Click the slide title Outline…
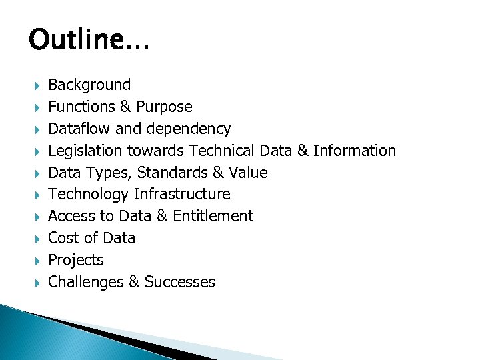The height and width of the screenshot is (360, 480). click(89, 41)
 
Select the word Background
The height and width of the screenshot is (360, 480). click(89, 85)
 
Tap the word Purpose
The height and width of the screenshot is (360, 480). click(164, 107)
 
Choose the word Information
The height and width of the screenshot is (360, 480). click(354, 151)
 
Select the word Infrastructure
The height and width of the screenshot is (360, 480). click(182, 194)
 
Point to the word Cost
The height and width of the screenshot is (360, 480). click(63, 238)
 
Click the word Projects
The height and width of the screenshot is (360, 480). click(76, 260)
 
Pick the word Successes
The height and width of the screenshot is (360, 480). click(179, 282)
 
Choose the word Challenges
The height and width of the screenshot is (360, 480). click(86, 282)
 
